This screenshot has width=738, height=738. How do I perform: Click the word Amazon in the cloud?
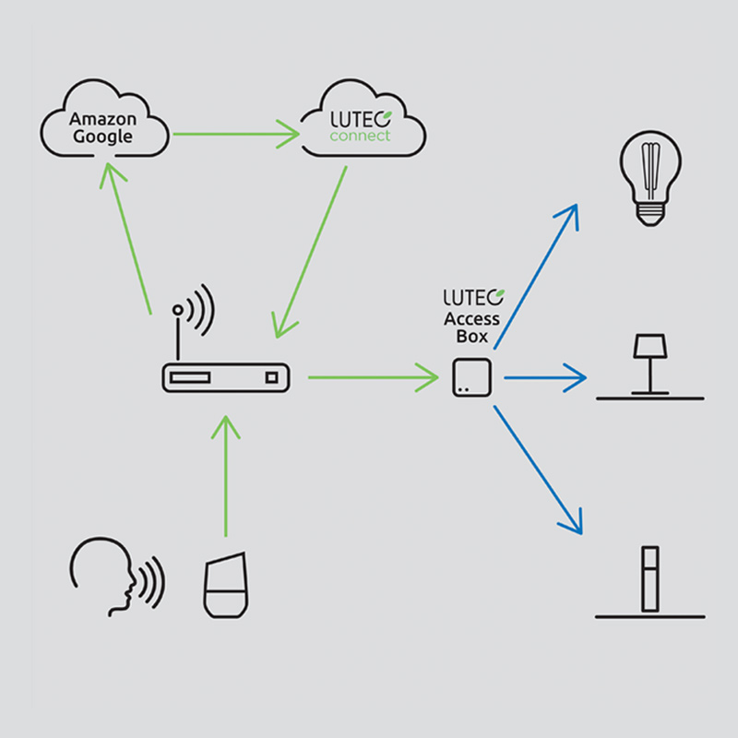point(102,120)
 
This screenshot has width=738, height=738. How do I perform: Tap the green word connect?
point(361,137)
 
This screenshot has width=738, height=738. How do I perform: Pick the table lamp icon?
point(649,364)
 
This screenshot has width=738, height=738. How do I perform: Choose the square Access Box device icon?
point(472,378)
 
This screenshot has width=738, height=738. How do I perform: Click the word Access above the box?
point(471,319)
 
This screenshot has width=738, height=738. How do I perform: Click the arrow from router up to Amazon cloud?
point(129,240)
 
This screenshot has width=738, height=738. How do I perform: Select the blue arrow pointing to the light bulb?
point(535,277)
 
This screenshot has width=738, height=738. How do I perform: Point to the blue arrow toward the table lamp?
point(544,376)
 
